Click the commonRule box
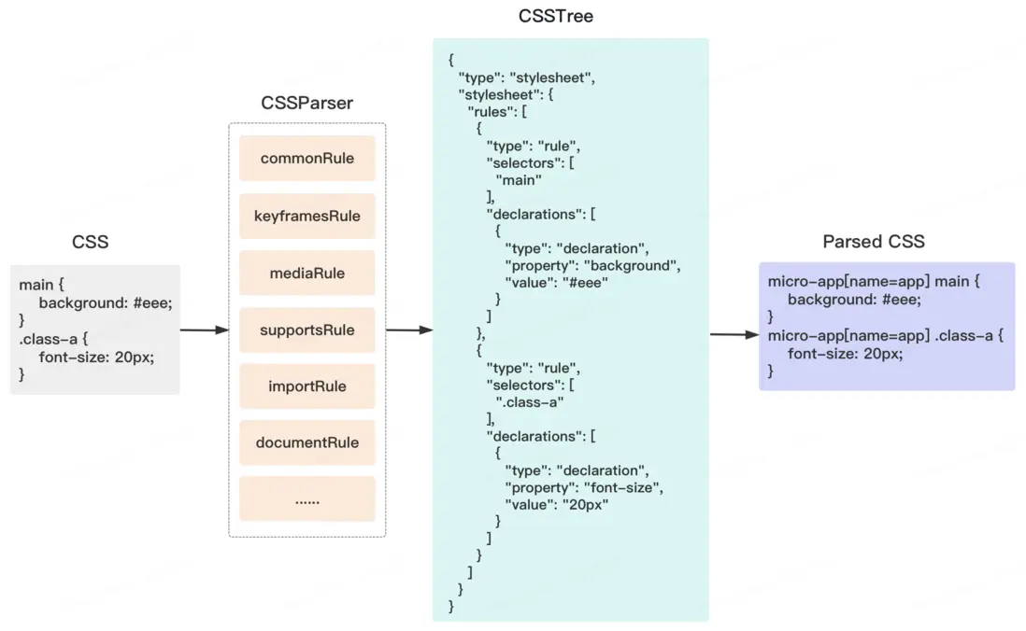tap(306, 159)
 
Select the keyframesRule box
tap(306, 217)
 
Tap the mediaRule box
tap(306, 273)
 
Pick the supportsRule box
tap(306, 330)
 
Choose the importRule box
tap(306, 386)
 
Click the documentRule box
tap(306, 442)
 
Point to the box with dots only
tap(306, 499)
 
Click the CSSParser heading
tap(306, 104)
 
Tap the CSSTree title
tap(555, 16)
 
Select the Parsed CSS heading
tap(873, 242)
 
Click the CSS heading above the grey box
tap(90, 242)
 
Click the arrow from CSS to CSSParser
tap(204, 330)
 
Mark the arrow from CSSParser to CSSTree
tap(409, 330)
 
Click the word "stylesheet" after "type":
tap(551, 77)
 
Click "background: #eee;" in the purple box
tap(854, 300)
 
